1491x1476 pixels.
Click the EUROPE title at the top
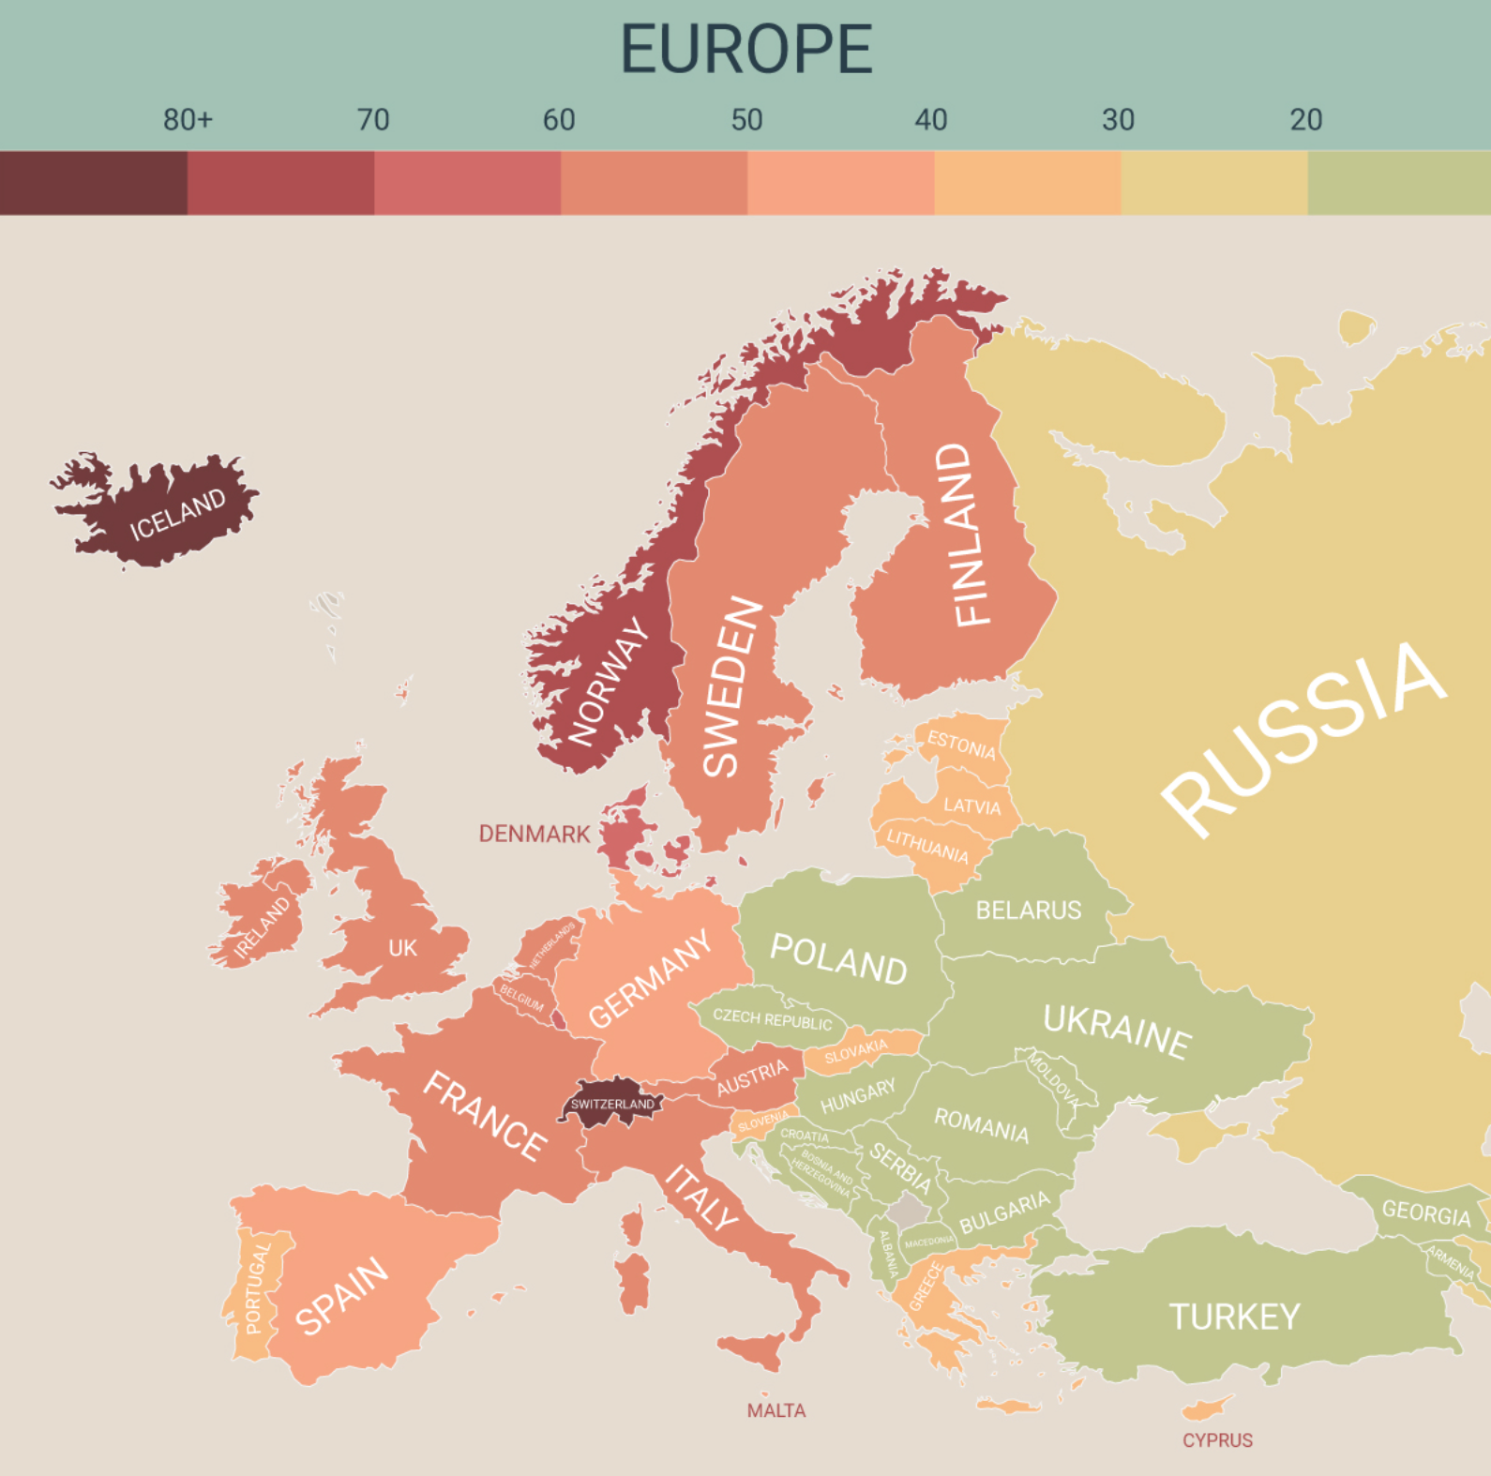[x=746, y=49]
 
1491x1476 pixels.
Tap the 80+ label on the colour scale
[x=188, y=120]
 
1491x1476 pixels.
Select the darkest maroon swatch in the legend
[x=93, y=183]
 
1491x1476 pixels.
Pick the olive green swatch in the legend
[x=1398, y=183]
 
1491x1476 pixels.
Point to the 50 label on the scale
[x=746, y=120]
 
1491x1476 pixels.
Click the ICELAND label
[x=177, y=514]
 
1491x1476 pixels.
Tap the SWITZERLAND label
[x=612, y=1104]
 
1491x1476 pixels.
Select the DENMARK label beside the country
[x=534, y=834]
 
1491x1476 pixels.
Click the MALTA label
[x=776, y=1410]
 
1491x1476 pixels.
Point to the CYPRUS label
[x=1217, y=1440]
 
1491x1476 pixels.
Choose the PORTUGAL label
[x=256, y=1287]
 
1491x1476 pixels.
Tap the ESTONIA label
[x=961, y=746]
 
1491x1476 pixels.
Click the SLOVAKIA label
[x=855, y=1052]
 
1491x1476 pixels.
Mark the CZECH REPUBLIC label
[x=772, y=1019]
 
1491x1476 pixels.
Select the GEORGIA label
[x=1425, y=1213]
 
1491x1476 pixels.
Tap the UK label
[x=402, y=948]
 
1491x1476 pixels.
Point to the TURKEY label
[x=1234, y=1317]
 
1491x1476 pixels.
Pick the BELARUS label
[x=1028, y=910]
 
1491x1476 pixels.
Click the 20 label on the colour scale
[x=1305, y=120]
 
